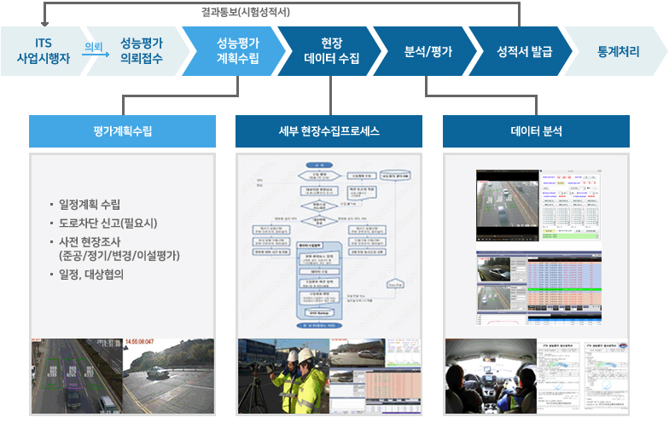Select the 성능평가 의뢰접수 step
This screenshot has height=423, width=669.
point(142,51)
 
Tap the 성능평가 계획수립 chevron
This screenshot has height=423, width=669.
point(238,51)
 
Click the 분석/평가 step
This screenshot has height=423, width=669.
point(428,51)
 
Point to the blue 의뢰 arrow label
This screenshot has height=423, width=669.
point(94,46)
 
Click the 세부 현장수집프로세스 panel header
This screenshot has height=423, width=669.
point(329,131)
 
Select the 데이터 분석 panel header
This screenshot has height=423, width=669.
point(536,131)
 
